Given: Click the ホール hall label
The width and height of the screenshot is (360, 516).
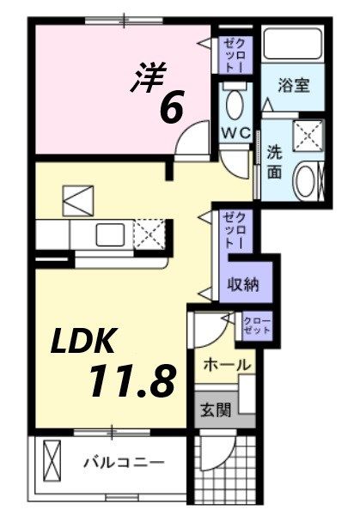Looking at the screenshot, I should point(228,365).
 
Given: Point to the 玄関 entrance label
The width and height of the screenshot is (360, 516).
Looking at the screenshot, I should point(216,410).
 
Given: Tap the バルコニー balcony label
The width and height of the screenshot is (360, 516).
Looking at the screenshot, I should point(123,461).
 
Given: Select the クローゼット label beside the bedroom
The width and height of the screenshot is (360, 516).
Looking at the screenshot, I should point(235,54).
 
